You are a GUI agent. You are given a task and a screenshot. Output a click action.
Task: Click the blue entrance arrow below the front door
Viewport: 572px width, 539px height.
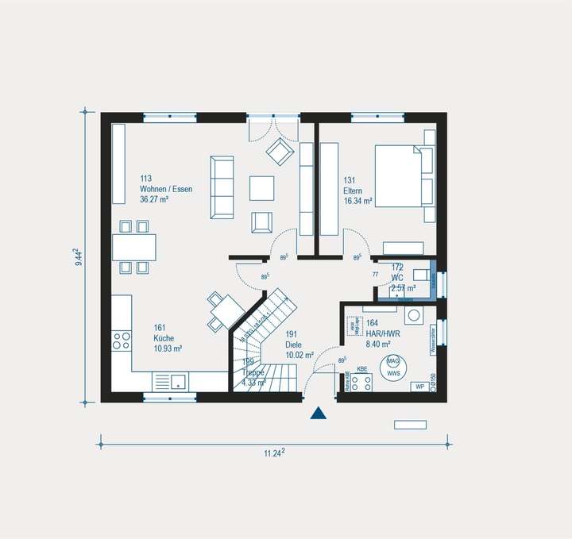coord(319,412)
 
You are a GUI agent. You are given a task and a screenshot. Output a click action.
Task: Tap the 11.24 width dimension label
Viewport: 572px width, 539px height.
coord(275,452)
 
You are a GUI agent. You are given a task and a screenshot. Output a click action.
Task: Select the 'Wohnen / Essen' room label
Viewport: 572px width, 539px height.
coord(165,189)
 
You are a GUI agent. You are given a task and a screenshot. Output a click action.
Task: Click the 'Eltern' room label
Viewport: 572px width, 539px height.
coord(353,191)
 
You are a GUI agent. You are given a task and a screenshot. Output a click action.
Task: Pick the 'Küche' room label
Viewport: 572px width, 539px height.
coord(164,337)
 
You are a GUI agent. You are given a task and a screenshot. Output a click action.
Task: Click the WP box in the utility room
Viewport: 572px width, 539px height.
coord(418,387)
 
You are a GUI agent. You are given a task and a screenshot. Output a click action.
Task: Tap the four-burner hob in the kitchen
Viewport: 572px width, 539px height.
coord(122,341)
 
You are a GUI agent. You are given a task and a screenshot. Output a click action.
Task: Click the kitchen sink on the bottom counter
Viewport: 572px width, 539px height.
coord(172,382)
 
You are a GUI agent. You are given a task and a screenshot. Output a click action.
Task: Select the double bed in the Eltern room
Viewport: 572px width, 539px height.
coord(399,175)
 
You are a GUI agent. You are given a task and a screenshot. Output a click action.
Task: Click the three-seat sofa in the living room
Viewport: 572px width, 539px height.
coord(222,187)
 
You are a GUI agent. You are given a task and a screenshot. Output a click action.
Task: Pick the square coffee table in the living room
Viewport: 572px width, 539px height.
coord(262,187)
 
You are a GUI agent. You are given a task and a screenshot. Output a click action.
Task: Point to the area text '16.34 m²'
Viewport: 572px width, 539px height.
coord(359,202)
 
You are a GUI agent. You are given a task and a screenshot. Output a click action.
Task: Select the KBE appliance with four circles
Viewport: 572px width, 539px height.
coord(361,383)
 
